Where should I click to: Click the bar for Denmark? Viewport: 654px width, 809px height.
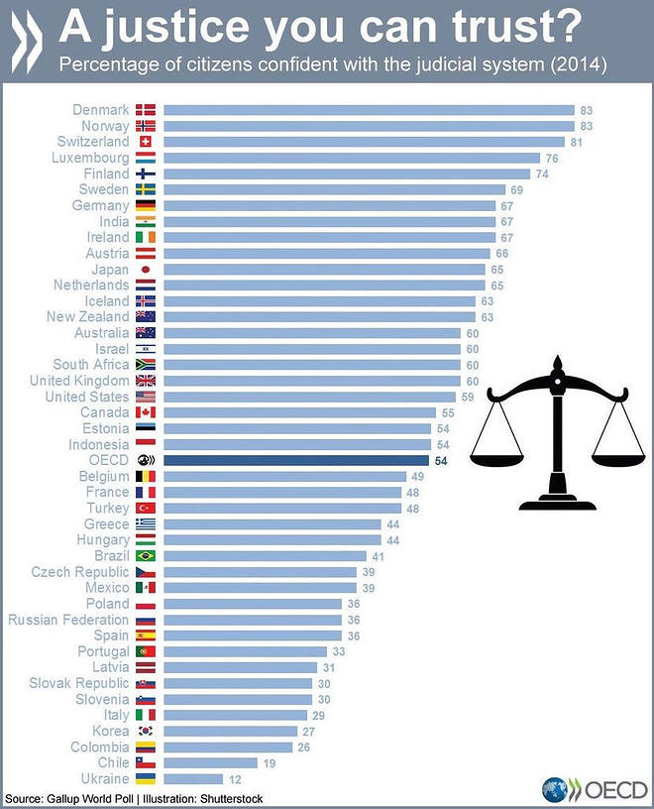pyautogui.click(x=369, y=110)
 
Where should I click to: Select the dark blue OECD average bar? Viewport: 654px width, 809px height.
pyautogui.click(x=295, y=460)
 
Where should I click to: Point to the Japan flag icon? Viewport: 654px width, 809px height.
pyautogui.click(x=146, y=270)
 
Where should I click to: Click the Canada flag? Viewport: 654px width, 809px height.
pyautogui.click(x=146, y=412)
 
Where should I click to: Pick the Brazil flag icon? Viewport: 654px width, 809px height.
pyautogui.click(x=146, y=556)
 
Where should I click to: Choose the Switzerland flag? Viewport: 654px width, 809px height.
pyautogui.click(x=146, y=142)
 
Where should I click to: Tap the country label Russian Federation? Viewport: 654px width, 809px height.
pyautogui.click(x=68, y=620)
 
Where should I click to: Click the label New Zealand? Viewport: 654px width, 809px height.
pyautogui.click(x=88, y=317)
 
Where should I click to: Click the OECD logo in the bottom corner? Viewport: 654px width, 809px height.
pyautogui.click(x=595, y=790)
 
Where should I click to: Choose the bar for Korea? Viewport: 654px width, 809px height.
pyautogui.click(x=230, y=732)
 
